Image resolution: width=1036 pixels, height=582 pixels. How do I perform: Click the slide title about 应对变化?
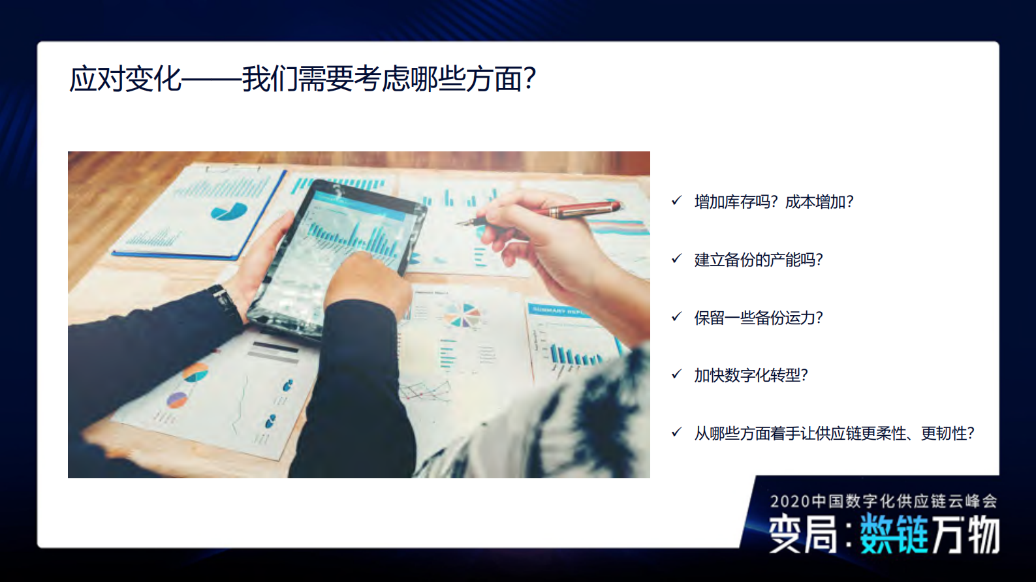click(x=302, y=79)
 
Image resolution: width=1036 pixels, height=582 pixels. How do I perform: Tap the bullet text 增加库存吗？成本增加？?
click(x=774, y=202)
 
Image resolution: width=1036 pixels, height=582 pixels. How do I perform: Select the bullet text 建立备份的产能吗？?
click(x=758, y=260)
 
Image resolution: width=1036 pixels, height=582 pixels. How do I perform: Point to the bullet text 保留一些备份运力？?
click(x=758, y=318)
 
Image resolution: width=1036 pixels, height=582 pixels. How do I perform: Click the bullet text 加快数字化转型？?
click(x=751, y=375)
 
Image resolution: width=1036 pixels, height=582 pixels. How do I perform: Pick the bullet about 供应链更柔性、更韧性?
click(x=834, y=433)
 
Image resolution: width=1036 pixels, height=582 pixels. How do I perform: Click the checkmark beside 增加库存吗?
click(x=676, y=201)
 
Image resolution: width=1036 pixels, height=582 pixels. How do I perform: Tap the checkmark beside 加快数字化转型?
click(x=676, y=375)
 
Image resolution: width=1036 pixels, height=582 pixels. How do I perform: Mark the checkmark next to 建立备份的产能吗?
click(x=676, y=259)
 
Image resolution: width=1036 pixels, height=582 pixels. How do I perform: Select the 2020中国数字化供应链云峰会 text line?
click(x=883, y=501)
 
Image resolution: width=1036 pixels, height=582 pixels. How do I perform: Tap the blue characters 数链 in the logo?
click(x=893, y=534)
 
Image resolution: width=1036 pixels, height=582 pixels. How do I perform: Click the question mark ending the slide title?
click(x=529, y=79)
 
